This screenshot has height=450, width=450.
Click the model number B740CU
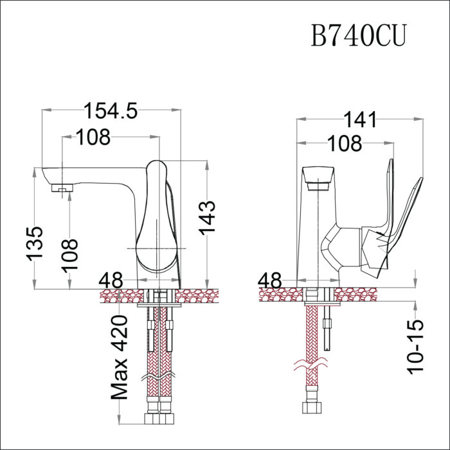(x=359, y=36)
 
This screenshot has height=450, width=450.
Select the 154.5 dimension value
(x=111, y=111)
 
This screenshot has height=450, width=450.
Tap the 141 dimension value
(x=360, y=120)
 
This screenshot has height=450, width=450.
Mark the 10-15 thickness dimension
(x=416, y=347)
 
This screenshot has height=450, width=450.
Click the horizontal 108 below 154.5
(x=93, y=137)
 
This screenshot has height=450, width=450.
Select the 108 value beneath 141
(x=345, y=144)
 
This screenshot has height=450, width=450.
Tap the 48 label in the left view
(x=111, y=281)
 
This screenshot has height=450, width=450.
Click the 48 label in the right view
(x=270, y=281)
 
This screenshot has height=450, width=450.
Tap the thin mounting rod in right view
(x=330, y=327)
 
